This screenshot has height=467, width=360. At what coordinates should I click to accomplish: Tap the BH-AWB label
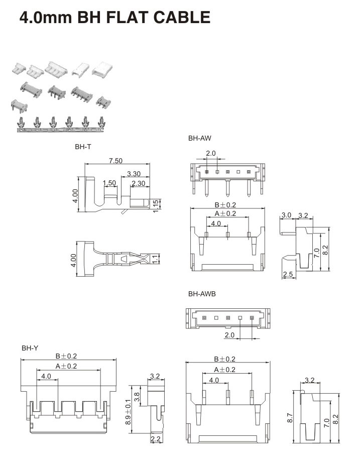[x=201, y=294]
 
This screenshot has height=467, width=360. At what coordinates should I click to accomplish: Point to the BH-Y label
[x=30, y=347]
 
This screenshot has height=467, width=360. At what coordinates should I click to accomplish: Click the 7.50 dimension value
[x=116, y=161]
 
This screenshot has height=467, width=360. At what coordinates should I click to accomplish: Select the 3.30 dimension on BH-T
[x=134, y=174]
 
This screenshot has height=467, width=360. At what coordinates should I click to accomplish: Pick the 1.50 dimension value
[x=109, y=183]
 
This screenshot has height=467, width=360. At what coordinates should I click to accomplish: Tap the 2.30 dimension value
[x=138, y=183]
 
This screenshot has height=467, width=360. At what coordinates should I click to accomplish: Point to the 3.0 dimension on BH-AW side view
[x=286, y=215]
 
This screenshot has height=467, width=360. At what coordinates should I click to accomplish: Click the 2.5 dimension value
[x=288, y=274]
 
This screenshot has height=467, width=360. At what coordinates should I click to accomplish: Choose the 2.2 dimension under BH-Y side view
[x=155, y=439]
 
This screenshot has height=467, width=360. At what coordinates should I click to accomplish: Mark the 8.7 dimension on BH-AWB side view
[x=290, y=417]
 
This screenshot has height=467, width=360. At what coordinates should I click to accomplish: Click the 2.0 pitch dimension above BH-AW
[x=210, y=153]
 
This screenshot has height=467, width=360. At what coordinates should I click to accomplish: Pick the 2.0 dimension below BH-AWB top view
[x=229, y=335]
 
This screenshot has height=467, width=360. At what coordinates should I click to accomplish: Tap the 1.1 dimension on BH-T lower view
[x=155, y=259]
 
